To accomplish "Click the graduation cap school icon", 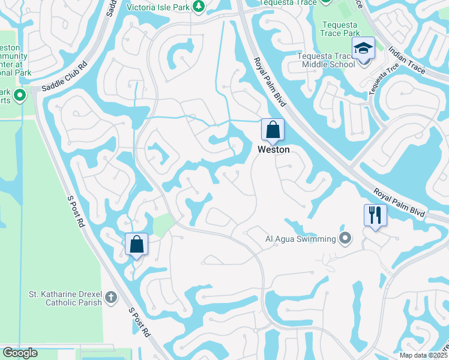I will coord(363,48).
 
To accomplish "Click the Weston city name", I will coord(273,149).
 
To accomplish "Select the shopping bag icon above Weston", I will coord(273,130).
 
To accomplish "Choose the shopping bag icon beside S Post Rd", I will coord(136,244).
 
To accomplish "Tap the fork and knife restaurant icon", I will coord(375,215).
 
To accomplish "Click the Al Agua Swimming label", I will coord(301,239).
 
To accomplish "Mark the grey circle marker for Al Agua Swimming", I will coord(345,239).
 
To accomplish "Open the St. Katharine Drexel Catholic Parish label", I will coord(66,298).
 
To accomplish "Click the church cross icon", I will coord(110,297).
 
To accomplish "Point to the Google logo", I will coord(20,353).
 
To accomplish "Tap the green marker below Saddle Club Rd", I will coord(20,95).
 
